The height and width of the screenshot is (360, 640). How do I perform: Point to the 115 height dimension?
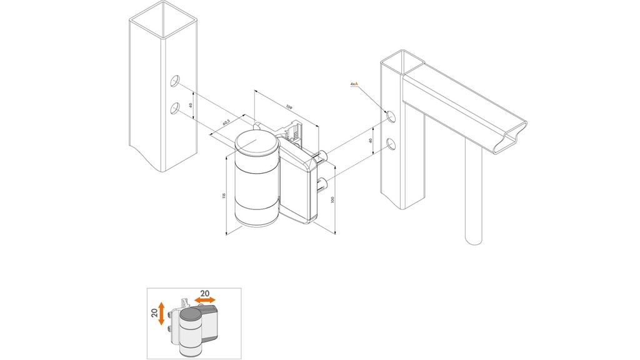pos(224,196)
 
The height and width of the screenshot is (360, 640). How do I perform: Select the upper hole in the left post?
pos(175,81)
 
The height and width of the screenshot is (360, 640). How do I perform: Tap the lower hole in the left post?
pos(175,109)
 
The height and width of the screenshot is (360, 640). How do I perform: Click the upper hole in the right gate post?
pos(390,116)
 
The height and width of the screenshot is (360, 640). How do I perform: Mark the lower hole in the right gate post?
pos(390,144)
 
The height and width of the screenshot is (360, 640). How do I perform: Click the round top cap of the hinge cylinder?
pos(256,144)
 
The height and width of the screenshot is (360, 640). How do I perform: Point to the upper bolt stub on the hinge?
pos(323,157)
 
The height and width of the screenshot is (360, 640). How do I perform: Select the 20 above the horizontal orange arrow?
pos(204,292)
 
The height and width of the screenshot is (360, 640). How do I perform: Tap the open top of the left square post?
pos(163,11)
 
